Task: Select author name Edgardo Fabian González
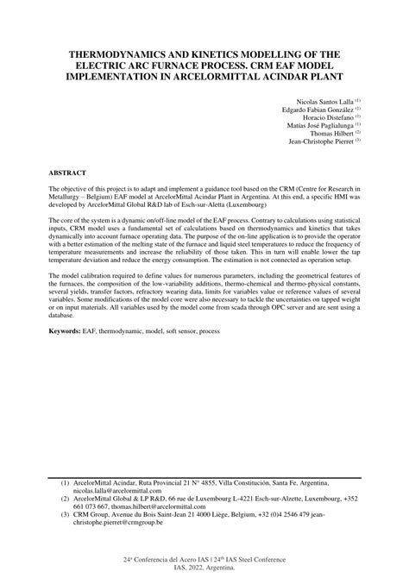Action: tap(305, 111)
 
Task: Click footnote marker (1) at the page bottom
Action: tap(65, 484)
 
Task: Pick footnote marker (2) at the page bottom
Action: tap(65, 499)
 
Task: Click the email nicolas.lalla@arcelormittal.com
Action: tap(118, 492)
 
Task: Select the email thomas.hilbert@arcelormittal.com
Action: tap(152, 507)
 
